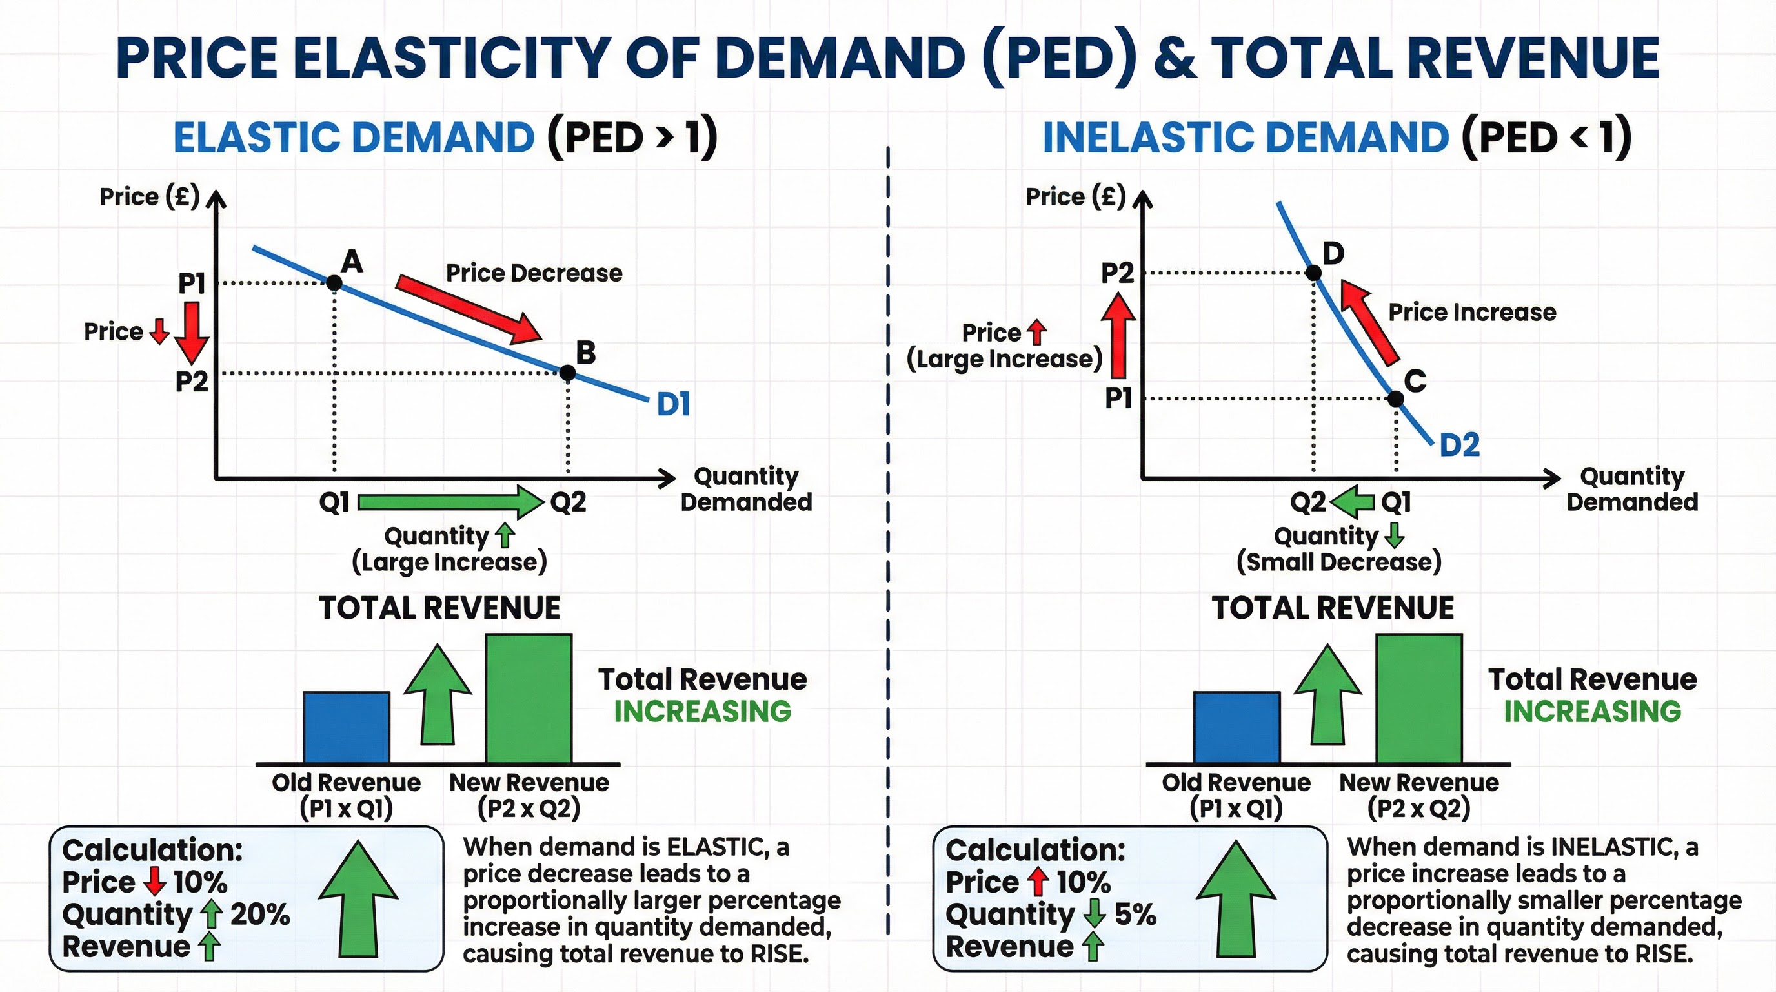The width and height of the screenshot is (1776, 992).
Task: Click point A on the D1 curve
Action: pos(334,282)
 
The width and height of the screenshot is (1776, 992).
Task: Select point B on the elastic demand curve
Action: pos(567,373)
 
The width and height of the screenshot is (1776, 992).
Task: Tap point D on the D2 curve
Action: pos(1313,273)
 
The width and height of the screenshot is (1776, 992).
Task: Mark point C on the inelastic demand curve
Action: pos(1395,398)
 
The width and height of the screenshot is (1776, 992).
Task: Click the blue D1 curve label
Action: pos(673,404)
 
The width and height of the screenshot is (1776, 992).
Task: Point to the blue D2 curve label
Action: pos(1460,445)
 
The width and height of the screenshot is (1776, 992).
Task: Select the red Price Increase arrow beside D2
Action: pos(1369,321)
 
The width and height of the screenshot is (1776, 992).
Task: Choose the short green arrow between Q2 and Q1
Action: pos(1353,502)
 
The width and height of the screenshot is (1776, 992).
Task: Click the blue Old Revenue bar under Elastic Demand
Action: pos(346,728)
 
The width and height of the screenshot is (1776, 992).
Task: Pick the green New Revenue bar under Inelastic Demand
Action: pos(1419,699)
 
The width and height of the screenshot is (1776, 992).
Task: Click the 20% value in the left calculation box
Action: pos(260,914)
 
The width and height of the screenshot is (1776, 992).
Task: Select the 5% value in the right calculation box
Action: pos(1135,914)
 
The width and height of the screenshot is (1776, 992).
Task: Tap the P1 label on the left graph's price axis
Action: pos(192,283)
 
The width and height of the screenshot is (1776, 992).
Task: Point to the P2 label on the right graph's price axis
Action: pos(1117,273)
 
